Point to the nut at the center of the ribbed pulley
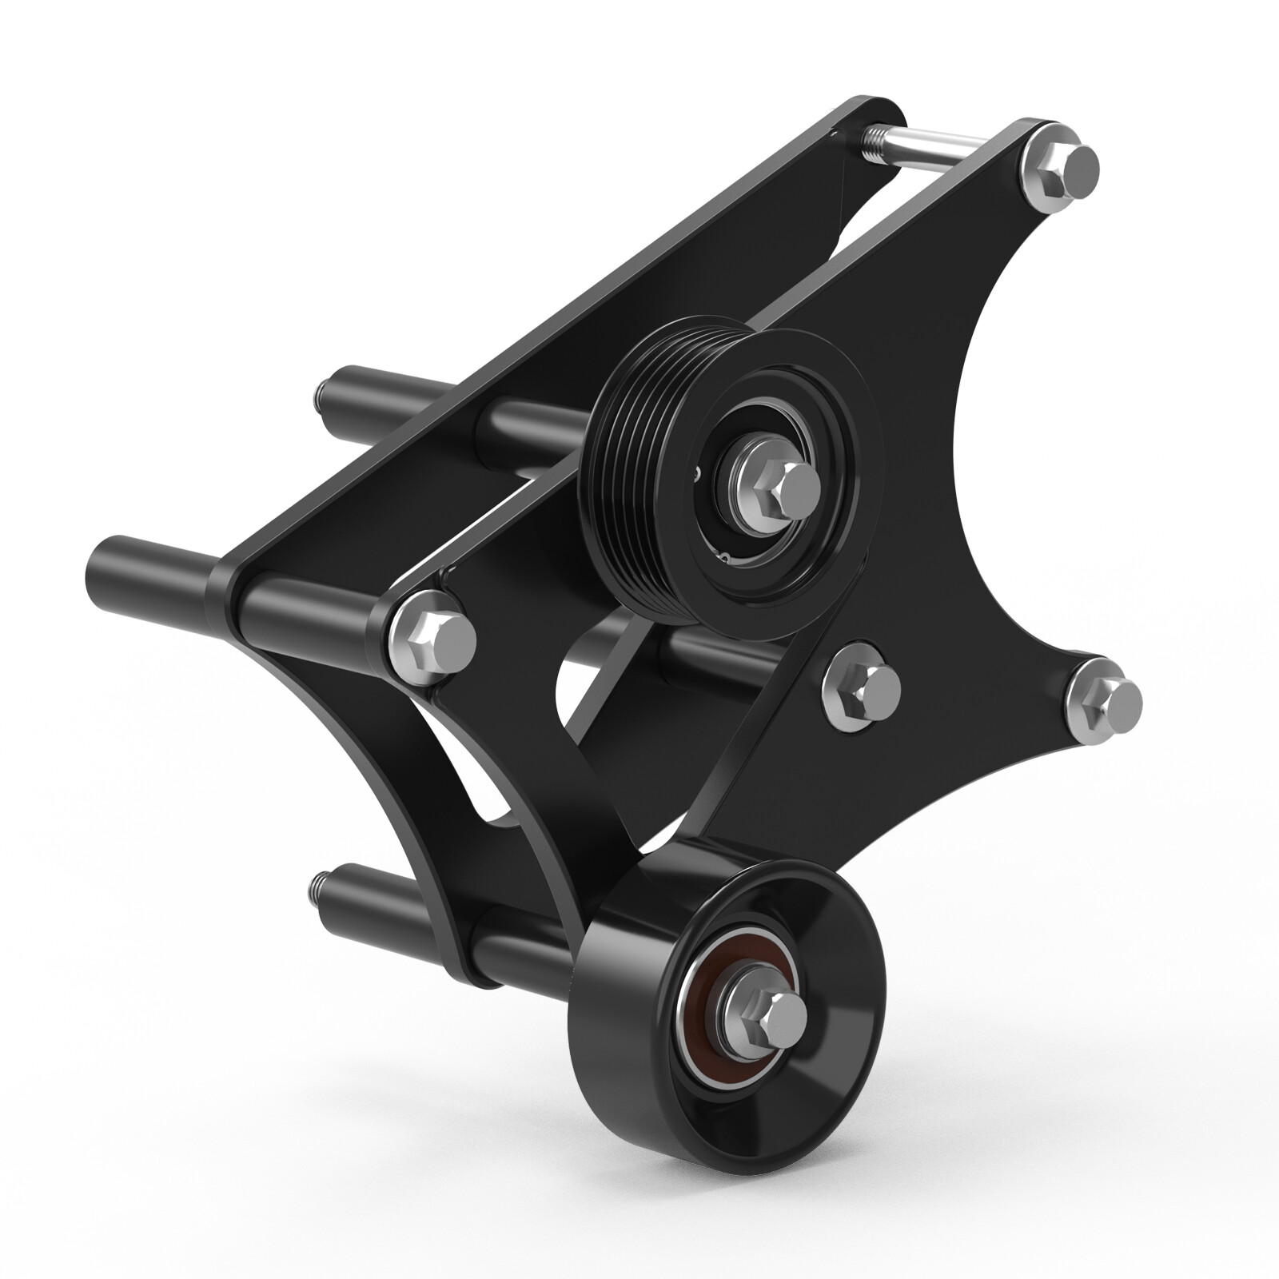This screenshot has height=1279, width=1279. (779, 490)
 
